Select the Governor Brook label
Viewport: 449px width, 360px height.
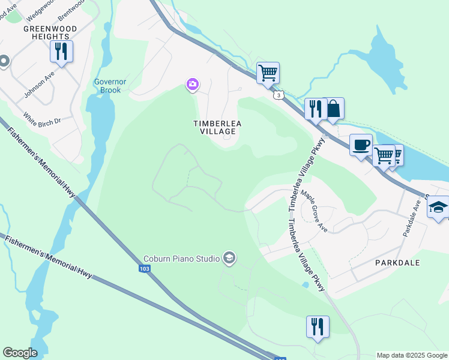[107, 86]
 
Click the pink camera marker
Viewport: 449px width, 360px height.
[193, 85]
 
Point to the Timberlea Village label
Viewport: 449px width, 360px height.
[218, 127]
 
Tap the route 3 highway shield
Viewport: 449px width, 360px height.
[277, 95]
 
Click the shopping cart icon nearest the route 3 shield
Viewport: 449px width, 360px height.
[268, 73]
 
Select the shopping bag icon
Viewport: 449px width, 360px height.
[333, 109]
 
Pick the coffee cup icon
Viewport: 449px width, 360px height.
[361, 145]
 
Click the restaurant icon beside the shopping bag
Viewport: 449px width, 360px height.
[314, 109]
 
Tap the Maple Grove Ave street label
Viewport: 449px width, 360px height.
[314, 212]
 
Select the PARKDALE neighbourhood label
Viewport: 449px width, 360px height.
[397, 263]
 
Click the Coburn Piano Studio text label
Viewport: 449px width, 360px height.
[181, 259]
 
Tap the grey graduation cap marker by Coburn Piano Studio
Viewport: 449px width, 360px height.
[229, 259]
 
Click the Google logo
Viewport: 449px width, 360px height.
[20, 353]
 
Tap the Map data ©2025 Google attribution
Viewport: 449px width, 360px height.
[412, 355]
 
